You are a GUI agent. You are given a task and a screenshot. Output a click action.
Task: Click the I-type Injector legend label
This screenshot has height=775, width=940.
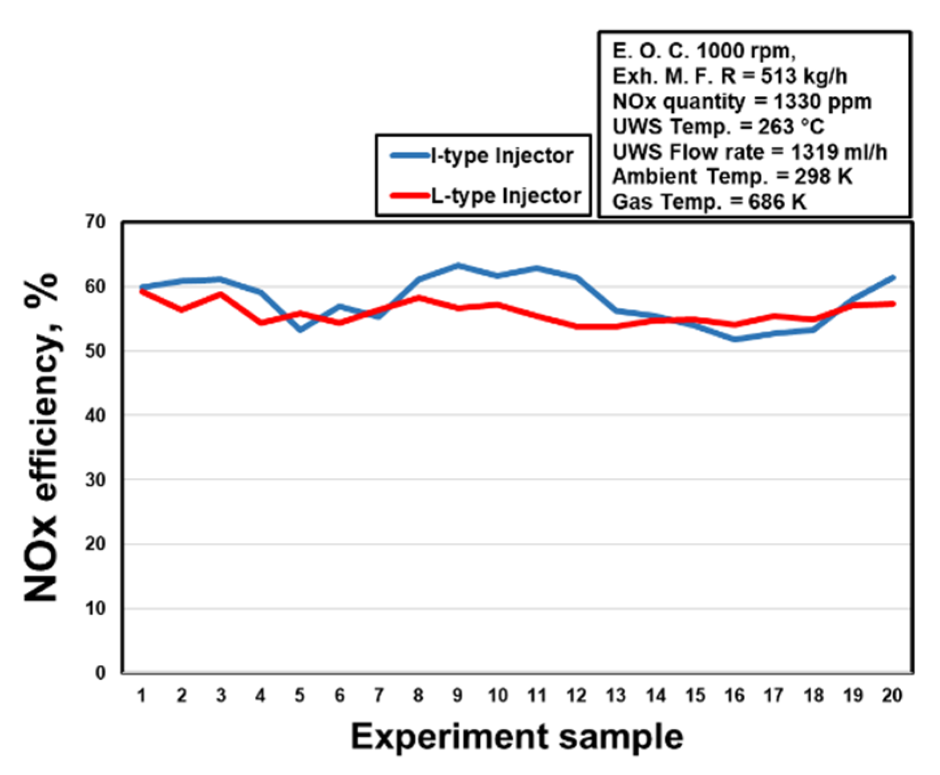point(502,155)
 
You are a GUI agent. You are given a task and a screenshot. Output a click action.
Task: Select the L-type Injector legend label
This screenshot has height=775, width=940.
point(505,196)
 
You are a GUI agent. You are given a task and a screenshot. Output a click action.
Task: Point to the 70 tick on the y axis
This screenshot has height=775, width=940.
point(95,222)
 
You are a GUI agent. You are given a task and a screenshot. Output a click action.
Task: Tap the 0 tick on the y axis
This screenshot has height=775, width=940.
point(100,673)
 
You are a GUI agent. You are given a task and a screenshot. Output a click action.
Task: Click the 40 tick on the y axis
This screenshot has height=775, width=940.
point(95,415)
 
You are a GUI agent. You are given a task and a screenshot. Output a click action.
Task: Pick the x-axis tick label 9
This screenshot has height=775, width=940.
point(457,695)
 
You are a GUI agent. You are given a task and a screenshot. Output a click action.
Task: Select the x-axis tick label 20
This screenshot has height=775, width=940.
point(892,695)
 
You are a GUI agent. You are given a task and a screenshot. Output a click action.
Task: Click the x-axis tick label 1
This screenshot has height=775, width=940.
point(141,695)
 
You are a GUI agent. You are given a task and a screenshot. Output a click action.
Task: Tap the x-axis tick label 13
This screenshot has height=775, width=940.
point(615,695)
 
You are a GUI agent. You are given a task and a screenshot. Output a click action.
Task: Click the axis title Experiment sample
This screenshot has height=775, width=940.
point(517,736)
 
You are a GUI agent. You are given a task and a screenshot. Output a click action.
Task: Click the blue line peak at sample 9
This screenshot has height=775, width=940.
point(457,265)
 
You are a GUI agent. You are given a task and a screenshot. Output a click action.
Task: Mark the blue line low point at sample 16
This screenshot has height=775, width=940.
point(735,339)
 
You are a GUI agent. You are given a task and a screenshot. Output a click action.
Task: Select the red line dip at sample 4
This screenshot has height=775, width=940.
point(261,323)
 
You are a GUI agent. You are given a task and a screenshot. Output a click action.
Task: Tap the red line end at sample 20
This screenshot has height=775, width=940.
point(893,304)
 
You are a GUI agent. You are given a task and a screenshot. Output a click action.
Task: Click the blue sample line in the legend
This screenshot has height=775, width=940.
point(410,155)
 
